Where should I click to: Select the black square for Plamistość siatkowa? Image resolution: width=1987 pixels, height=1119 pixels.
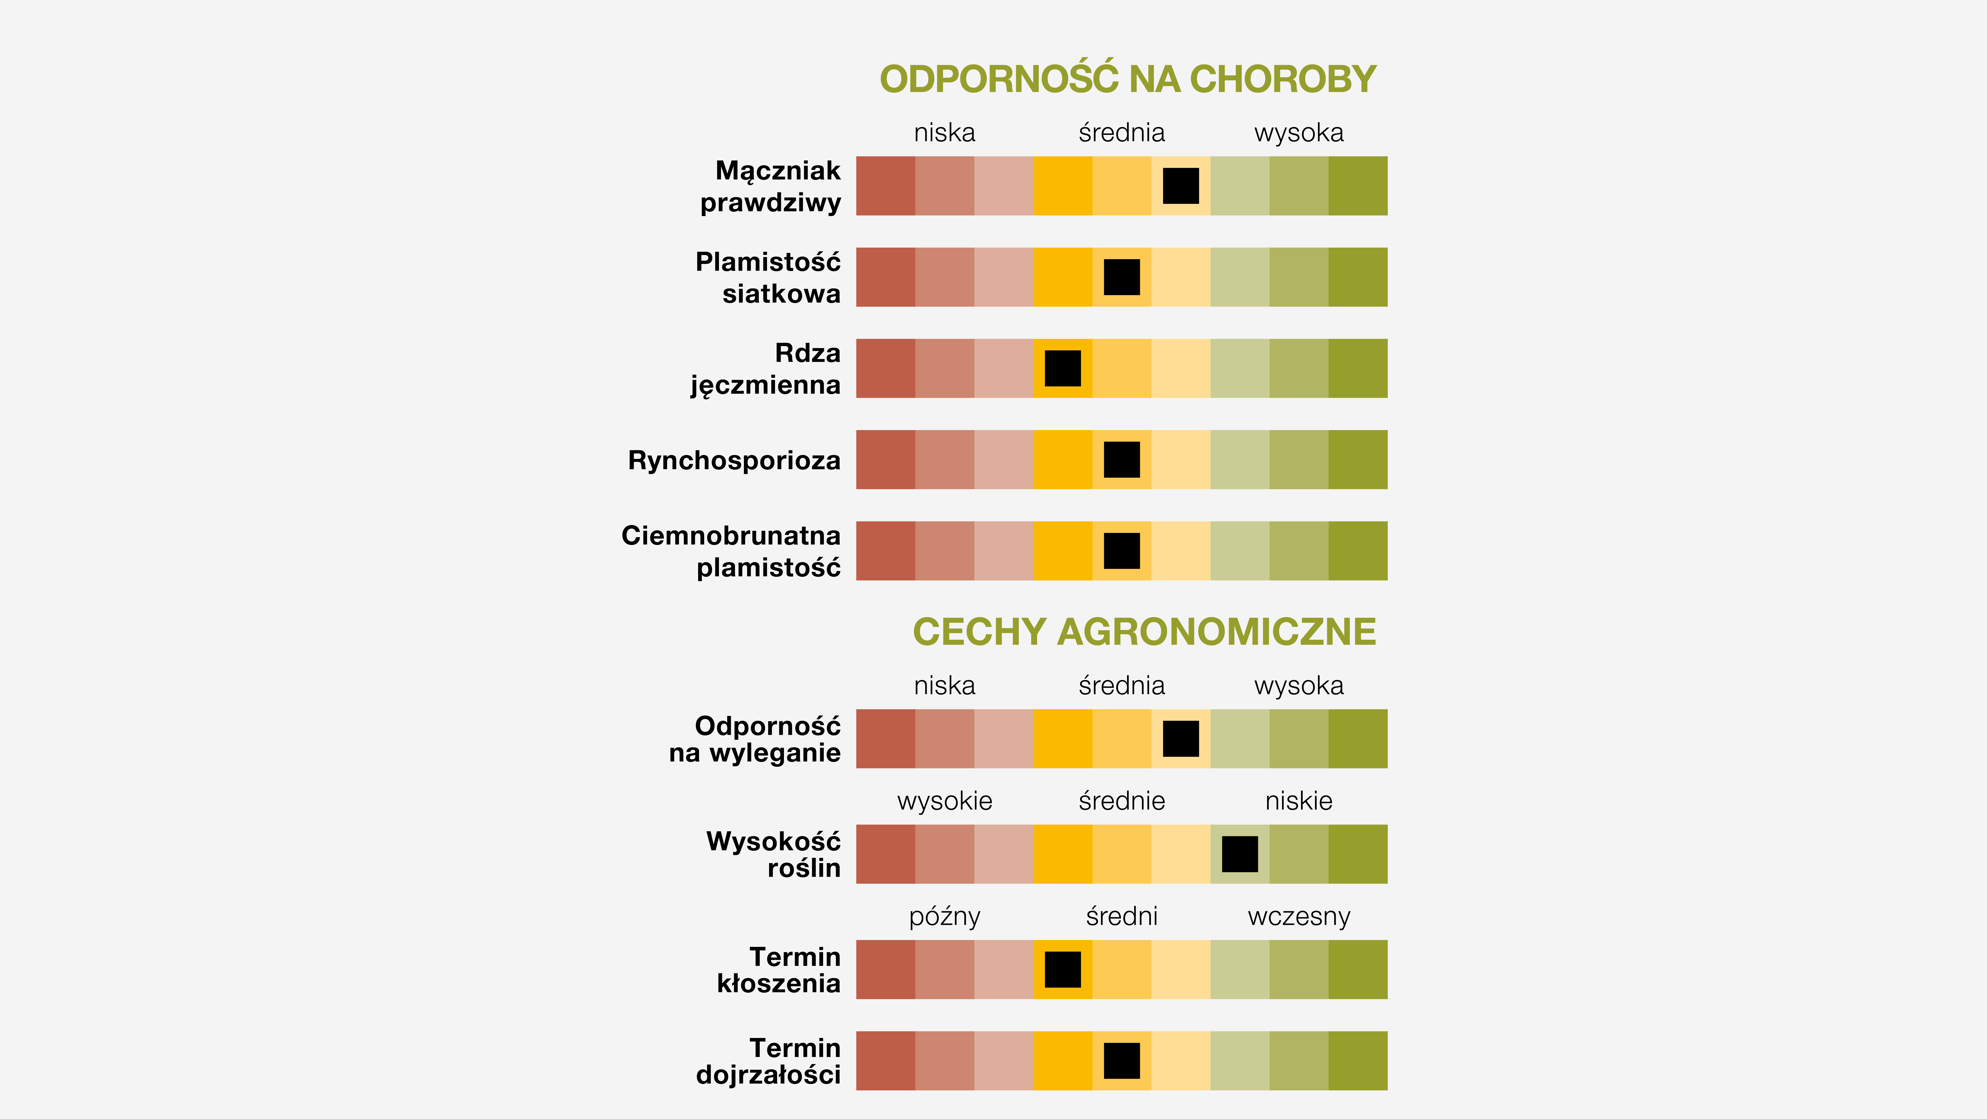click(x=1122, y=277)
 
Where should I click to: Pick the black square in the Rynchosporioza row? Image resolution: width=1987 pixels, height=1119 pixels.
click(x=1122, y=460)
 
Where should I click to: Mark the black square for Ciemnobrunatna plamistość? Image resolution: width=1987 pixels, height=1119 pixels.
click(x=1122, y=551)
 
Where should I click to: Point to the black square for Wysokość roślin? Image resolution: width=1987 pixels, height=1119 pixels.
click(x=1240, y=854)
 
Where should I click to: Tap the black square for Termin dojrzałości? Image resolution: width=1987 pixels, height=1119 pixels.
click(x=1122, y=1060)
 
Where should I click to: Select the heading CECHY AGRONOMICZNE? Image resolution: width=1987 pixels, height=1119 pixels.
click(x=1144, y=632)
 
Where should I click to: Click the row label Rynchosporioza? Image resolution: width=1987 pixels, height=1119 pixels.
click(x=734, y=461)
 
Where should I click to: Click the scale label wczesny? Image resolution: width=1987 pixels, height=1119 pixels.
click(x=1299, y=917)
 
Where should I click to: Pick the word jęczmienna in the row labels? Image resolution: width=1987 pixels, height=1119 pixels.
click(x=765, y=385)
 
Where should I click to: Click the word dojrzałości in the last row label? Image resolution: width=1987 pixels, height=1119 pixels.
click(x=768, y=1074)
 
